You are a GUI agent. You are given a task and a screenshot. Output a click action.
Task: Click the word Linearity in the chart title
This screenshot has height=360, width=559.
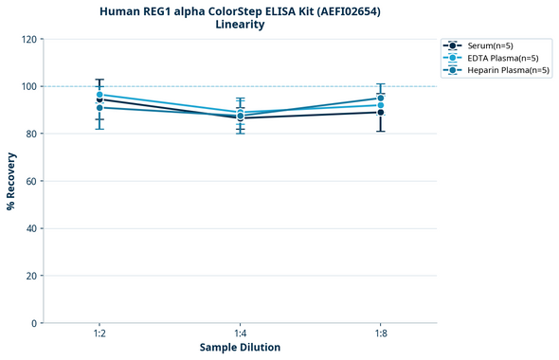coord(240,25)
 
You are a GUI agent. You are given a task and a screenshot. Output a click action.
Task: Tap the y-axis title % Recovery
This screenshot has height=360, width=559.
coord(11,180)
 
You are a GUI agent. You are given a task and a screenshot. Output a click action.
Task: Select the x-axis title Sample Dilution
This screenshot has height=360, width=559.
coord(240,347)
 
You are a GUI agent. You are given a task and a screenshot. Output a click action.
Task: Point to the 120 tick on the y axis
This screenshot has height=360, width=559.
coord(29,39)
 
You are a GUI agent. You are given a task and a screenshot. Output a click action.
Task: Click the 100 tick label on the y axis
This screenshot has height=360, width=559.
coord(29,86)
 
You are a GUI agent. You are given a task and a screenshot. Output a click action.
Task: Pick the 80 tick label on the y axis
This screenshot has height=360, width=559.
coord(32,134)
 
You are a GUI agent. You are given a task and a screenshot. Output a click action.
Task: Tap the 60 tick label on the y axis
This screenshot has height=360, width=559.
coord(32,181)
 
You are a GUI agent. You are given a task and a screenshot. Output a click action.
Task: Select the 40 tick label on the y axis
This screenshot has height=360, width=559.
coord(32,228)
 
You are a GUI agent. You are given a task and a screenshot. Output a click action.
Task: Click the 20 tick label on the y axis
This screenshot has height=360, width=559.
coord(32,276)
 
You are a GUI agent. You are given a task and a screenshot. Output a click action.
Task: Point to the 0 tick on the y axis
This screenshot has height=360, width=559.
coord(35,323)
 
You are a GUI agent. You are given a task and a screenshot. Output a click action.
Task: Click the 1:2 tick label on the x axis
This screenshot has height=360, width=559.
coord(99,333)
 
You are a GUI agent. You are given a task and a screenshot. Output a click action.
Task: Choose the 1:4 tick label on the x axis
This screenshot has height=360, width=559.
coord(240,333)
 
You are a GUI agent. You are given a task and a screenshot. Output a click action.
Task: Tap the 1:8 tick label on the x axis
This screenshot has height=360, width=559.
coord(380,333)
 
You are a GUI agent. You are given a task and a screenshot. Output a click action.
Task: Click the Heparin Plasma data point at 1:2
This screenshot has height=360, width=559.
coord(99,107)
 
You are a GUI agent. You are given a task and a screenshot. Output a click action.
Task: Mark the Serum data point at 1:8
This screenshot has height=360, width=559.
coord(380,112)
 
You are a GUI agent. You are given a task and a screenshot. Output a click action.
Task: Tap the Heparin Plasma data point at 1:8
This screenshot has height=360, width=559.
coord(380,98)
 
